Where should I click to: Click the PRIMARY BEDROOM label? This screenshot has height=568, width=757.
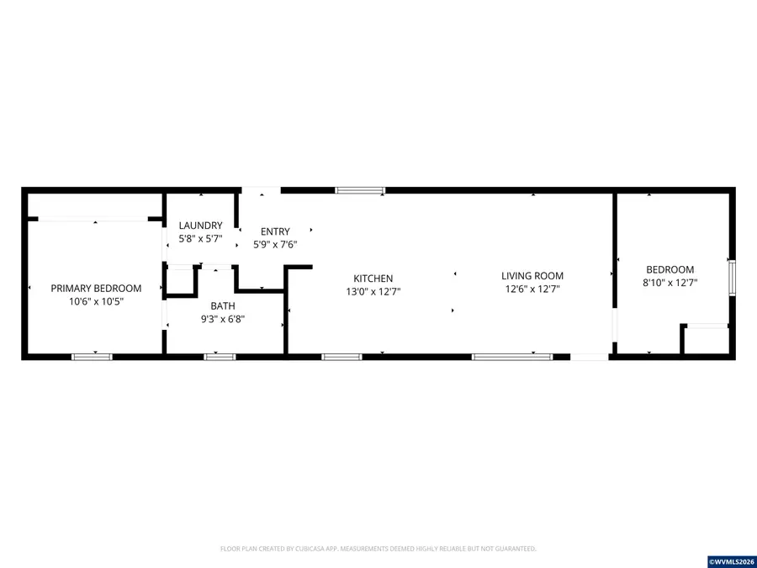[96, 288]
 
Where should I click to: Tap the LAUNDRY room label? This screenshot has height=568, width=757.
[200, 226]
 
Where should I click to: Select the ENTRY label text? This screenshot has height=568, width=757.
[275, 231]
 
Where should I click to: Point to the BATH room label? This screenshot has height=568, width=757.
[223, 305]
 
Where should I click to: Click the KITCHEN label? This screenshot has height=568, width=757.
[373, 279]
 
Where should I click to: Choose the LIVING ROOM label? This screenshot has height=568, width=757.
[532, 275]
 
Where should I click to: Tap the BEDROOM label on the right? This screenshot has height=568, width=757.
[670, 269]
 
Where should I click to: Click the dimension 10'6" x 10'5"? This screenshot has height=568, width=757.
[96, 301]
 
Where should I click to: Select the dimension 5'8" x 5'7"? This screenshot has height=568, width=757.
[200, 239]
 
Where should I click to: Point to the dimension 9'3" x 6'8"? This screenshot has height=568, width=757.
[223, 319]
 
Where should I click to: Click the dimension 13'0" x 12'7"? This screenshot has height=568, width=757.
[373, 292]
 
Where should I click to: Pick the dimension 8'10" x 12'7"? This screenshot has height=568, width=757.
[670, 283]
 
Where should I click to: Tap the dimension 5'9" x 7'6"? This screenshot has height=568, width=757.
[275, 245]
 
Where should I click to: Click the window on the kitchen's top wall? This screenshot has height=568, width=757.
[360, 191]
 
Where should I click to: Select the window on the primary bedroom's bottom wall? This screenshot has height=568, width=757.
[92, 357]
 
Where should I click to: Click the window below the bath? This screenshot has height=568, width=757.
[220, 357]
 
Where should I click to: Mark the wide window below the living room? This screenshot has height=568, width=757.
[512, 357]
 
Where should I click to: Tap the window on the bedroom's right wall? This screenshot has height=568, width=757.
[732, 278]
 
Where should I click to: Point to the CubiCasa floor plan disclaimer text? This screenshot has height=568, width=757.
[378, 549]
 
